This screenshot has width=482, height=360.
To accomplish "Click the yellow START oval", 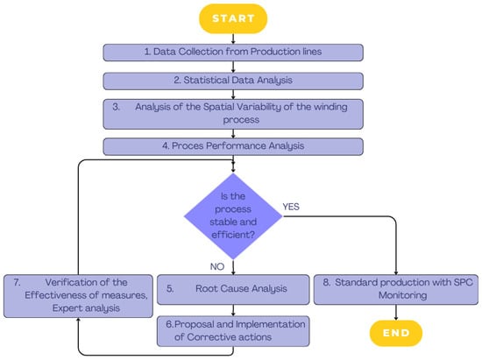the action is [233, 18].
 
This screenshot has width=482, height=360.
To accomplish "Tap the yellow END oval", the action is [396, 333].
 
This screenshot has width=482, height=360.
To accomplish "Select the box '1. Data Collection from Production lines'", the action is [233, 53].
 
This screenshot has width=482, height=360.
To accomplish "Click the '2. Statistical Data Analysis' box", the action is [233, 81].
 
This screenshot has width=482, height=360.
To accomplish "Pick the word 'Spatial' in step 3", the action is [219, 107].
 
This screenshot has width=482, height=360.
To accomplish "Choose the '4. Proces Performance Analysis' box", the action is [233, 146].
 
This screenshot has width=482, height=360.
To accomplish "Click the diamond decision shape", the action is [233, 216].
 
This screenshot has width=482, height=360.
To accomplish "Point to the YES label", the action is [291, 207].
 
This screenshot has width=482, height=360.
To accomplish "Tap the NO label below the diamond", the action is [217, 266].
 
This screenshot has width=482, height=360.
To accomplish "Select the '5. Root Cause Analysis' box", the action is [233, 289].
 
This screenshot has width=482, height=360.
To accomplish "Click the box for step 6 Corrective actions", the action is [233, 331].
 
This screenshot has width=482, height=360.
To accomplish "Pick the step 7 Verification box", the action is [78, 296].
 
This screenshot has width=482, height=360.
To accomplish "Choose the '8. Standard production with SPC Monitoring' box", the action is [396, 289].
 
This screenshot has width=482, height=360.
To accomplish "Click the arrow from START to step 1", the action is [233, 39].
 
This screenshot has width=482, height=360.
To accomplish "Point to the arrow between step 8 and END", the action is [396, 313].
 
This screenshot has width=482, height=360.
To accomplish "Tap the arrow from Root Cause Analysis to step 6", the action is [233, 310].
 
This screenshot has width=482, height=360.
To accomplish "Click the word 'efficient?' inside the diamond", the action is [233, 235].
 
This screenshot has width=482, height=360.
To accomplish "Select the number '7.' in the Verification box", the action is [17, 282].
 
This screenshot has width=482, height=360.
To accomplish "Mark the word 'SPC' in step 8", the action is [464, 282].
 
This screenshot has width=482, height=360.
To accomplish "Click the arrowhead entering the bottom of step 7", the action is [78, 320].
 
